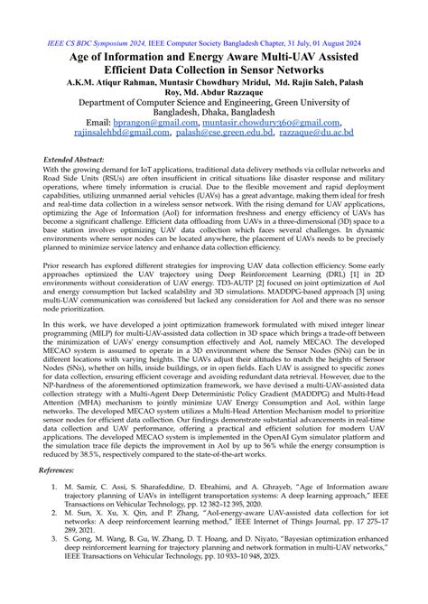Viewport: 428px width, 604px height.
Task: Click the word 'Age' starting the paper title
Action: coord(84,56)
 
